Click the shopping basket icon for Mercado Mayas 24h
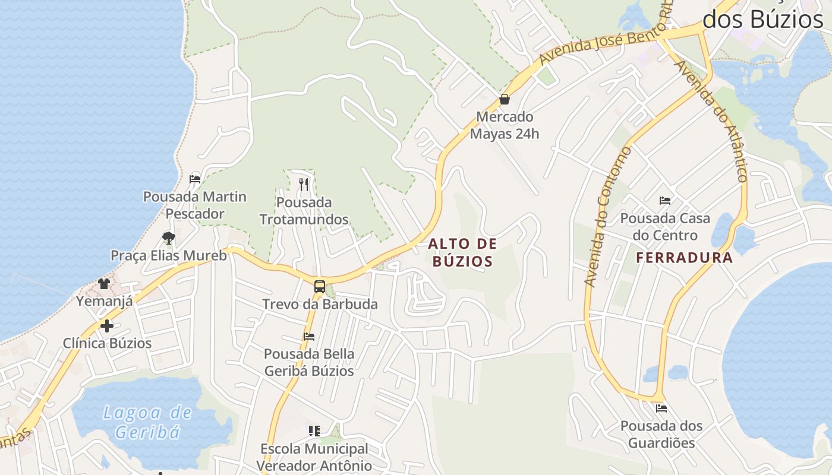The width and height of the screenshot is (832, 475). tap(505, 99)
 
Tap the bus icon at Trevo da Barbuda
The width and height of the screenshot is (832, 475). tap(320, 287)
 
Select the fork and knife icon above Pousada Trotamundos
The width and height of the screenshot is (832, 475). tap(304, 185)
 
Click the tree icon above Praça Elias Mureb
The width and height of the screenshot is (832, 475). tap(169, 238)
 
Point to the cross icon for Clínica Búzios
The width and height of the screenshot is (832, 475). tap(107, 325)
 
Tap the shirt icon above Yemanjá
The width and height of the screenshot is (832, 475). tap(104, 283)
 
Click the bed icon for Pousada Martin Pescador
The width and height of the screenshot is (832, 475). tap(195, 179)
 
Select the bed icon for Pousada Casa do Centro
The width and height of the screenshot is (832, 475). tap(665, 201)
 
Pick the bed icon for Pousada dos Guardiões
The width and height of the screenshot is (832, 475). tap(661, 408)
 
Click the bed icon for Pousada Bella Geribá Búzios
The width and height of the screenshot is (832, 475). tap(309, 336)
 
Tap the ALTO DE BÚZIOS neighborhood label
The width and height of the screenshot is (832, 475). tap(462, 252)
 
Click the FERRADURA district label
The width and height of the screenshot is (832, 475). tap(685, 258)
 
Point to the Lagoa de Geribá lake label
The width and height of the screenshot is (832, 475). tap(147, 422)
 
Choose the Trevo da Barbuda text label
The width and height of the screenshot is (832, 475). tap(320, 305)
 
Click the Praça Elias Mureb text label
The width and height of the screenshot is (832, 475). tap(169, 256)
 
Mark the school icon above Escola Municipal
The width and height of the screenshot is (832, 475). tap(314, 430)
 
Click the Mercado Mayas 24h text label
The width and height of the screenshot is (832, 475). tap(505, 125)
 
